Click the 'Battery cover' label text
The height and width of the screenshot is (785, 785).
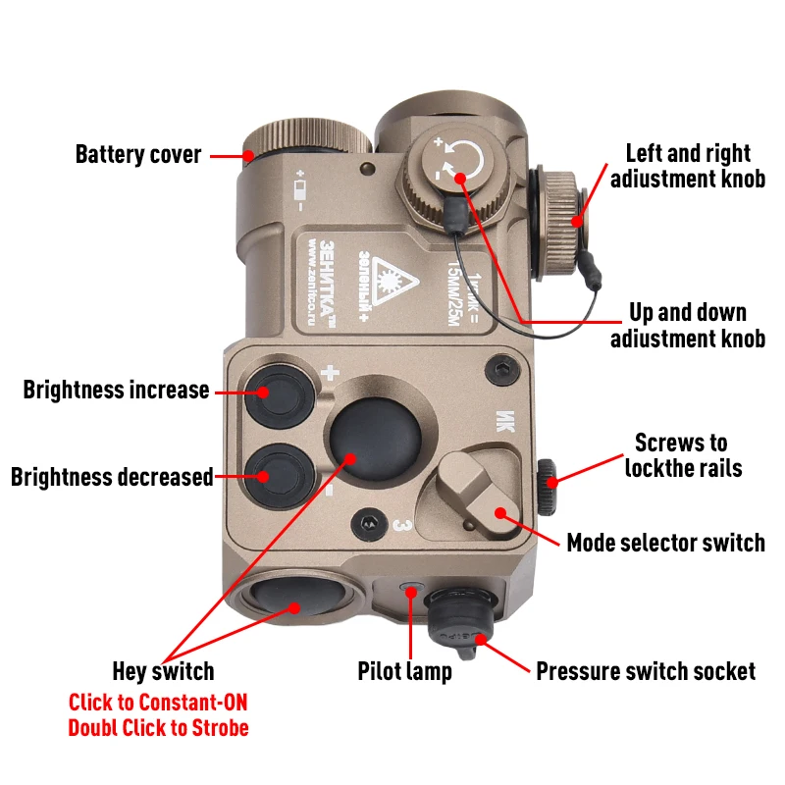pyautogui.click(x=138, y=155)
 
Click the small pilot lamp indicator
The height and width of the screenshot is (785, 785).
pyautogui.click(x=410, y=587)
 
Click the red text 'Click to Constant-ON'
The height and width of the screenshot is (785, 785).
pyautogui.click(x=158, y=703)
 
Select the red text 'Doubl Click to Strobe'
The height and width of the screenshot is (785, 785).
pyautogui.click(x=158, y=728)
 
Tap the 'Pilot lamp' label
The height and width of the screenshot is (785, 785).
pyautogui.click(x=404, y=672)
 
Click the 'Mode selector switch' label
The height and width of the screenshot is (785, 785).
pyautogui.click(x=665, y=542)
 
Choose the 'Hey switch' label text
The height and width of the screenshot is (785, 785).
pyautogui.click(x=163, y=672)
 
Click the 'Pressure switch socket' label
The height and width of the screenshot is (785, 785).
pyautogui.click(x=646, y=672)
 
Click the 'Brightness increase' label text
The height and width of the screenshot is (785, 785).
pyautogui.click(x=116, y=391)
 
